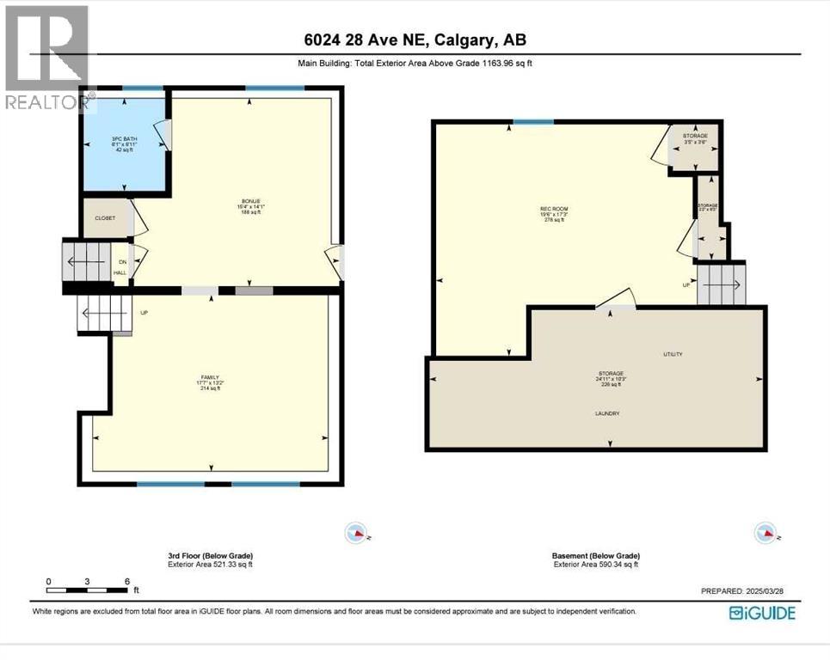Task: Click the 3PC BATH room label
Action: tap(124, 138)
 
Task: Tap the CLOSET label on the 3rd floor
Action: tap(106, 218)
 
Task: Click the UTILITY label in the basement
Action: tap(673, 354)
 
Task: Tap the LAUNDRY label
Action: tap(606, 413)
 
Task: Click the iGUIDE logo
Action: tap(762, 613)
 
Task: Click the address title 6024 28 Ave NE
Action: tap(415, 40)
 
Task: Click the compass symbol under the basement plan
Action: tap(765, 533)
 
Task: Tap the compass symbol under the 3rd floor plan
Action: tap(355, 533)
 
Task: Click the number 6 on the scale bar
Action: tap(127, 581)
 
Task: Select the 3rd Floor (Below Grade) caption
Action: tap(210, 556)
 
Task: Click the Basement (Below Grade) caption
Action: tap(595, 556)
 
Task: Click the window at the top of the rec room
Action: tap(534, 122)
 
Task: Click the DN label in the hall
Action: tap(122, 261)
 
